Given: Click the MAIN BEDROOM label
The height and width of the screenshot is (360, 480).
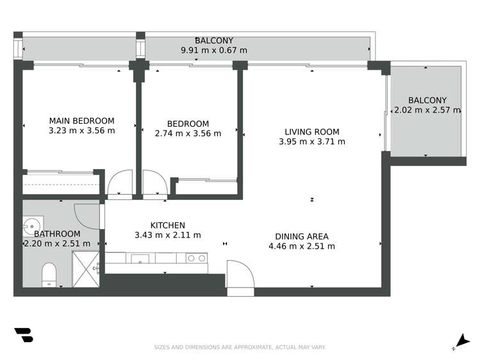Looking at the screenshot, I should click(x=82, y=120).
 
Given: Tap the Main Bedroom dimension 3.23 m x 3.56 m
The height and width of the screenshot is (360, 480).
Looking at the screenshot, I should click(x=82, y=131).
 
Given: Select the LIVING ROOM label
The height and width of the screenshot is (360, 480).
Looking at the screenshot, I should click(x=312, y=132).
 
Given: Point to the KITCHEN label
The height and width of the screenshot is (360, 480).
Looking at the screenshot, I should click(x=168, y=225).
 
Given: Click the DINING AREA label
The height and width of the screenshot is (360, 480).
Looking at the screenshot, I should click(x=301, y=236).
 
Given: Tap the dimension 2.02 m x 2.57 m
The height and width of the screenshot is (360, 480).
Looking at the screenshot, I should click(x=427, y=110).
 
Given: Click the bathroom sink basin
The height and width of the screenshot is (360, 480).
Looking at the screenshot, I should click(x=30, y=225).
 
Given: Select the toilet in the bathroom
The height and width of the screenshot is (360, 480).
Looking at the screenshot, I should click(x=49, y=274).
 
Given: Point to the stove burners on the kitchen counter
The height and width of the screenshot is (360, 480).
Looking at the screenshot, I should click(x=196, y=258).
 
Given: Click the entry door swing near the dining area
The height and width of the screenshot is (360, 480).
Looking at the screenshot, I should click(x=241, y=275).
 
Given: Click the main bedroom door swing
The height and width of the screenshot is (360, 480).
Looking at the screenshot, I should click(x=120, y=182).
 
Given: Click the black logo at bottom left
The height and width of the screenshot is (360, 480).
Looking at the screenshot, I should click(x=24, y=336).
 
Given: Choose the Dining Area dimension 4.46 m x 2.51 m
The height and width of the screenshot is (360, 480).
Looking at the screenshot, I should click(x=301, y=246).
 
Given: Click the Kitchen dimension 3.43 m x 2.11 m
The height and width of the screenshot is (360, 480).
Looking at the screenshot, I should click(x=168, y=235).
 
